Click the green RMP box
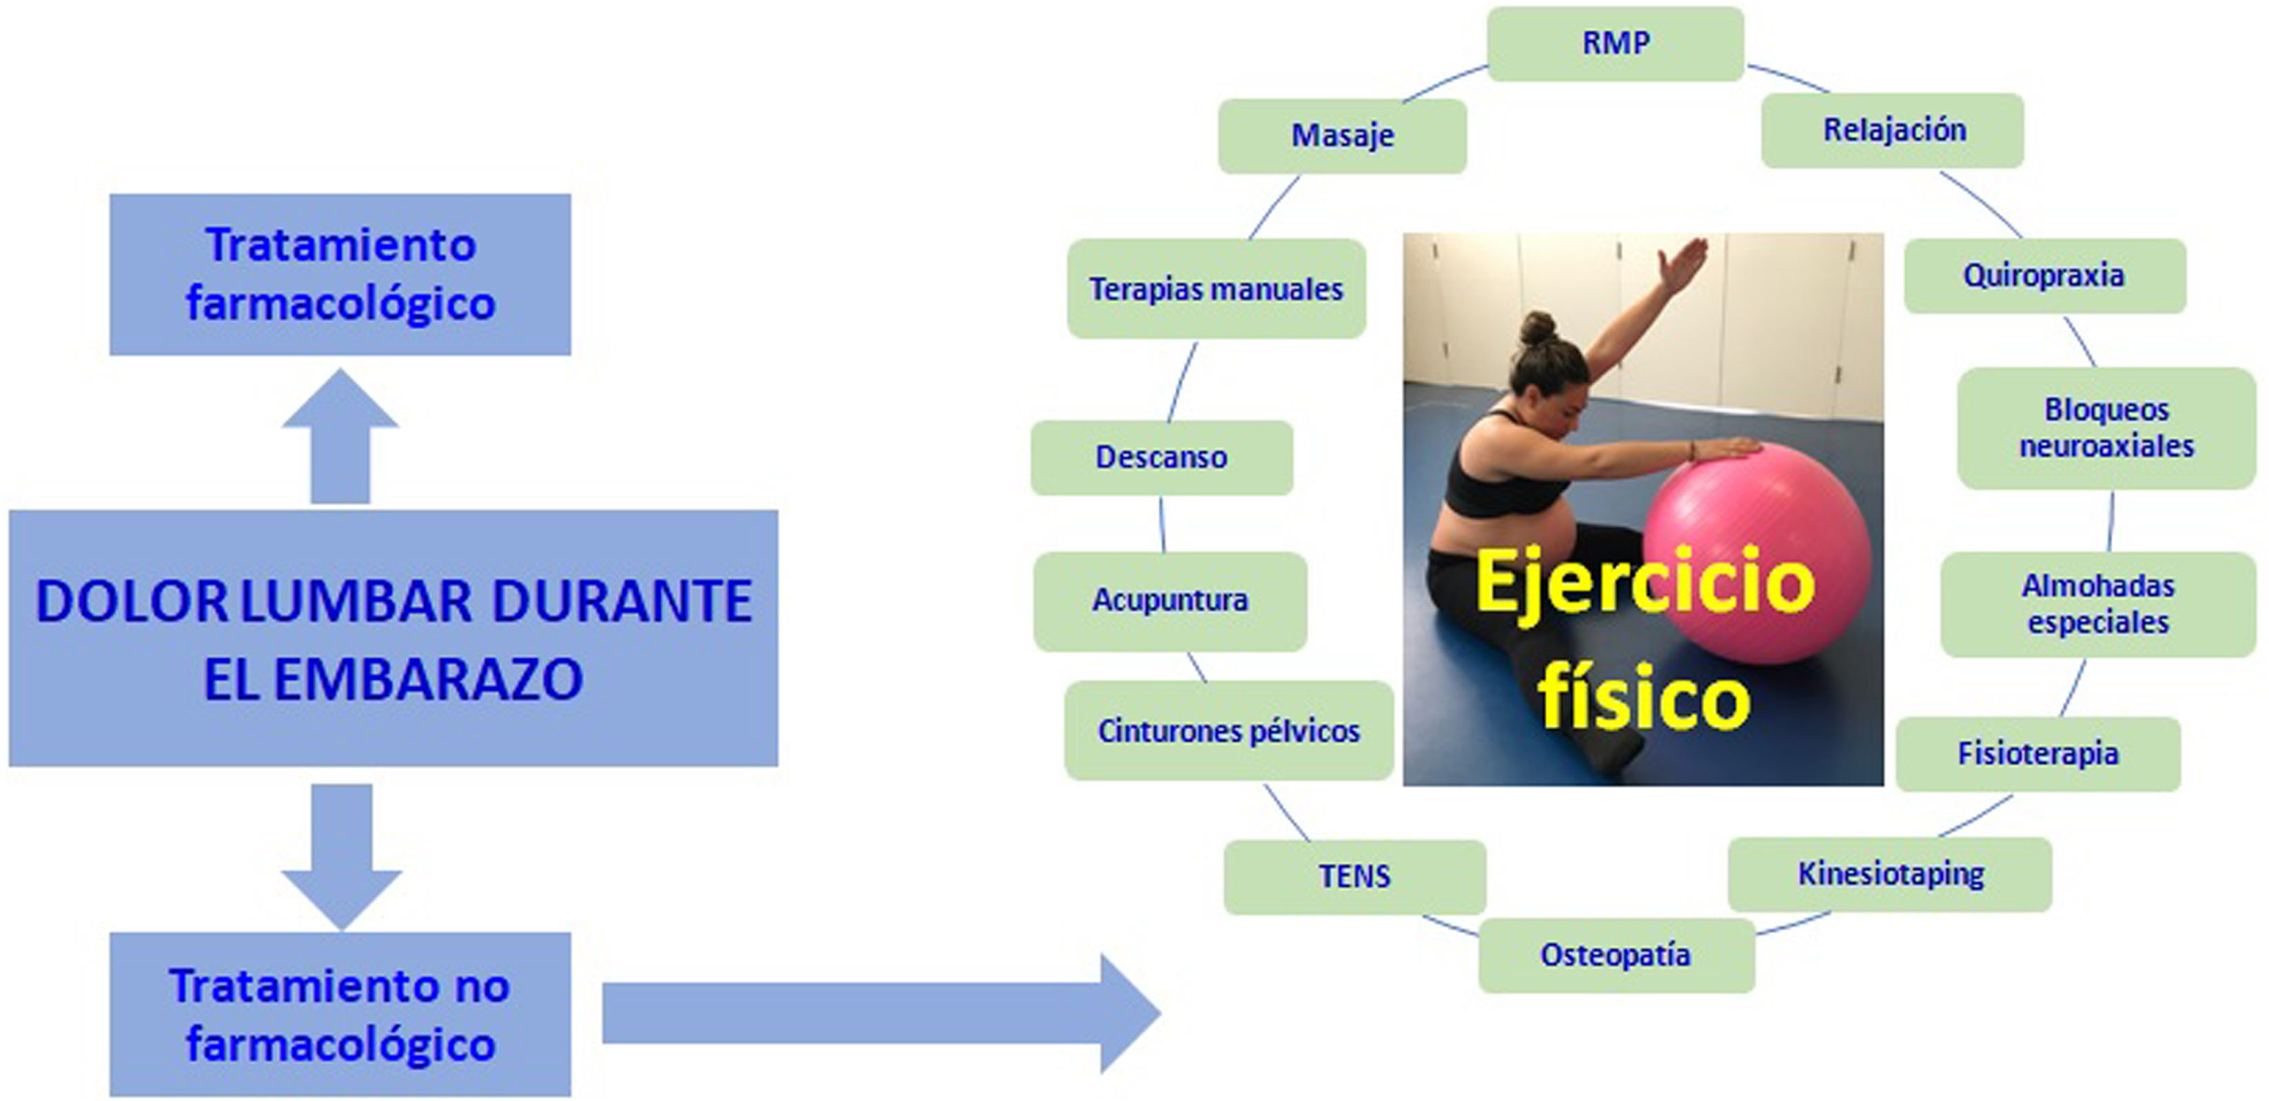click(1616, 44)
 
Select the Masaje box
click(1343, 136)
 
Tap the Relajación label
click(1893, 130)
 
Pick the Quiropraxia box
click(2044, 276)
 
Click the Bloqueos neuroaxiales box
click(2106, 428)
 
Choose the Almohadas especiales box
click(2098, 604)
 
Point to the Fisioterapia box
click(2038, 754)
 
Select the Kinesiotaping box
click(1890, 874)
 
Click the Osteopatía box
click(1616, 956)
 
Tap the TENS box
click(1354, 876)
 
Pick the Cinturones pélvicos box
click(1229, 730)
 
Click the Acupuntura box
click(1170, 601)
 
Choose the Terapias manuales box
click(1217, 289)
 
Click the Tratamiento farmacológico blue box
click(340, 274)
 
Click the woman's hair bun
click(1538, 329)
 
